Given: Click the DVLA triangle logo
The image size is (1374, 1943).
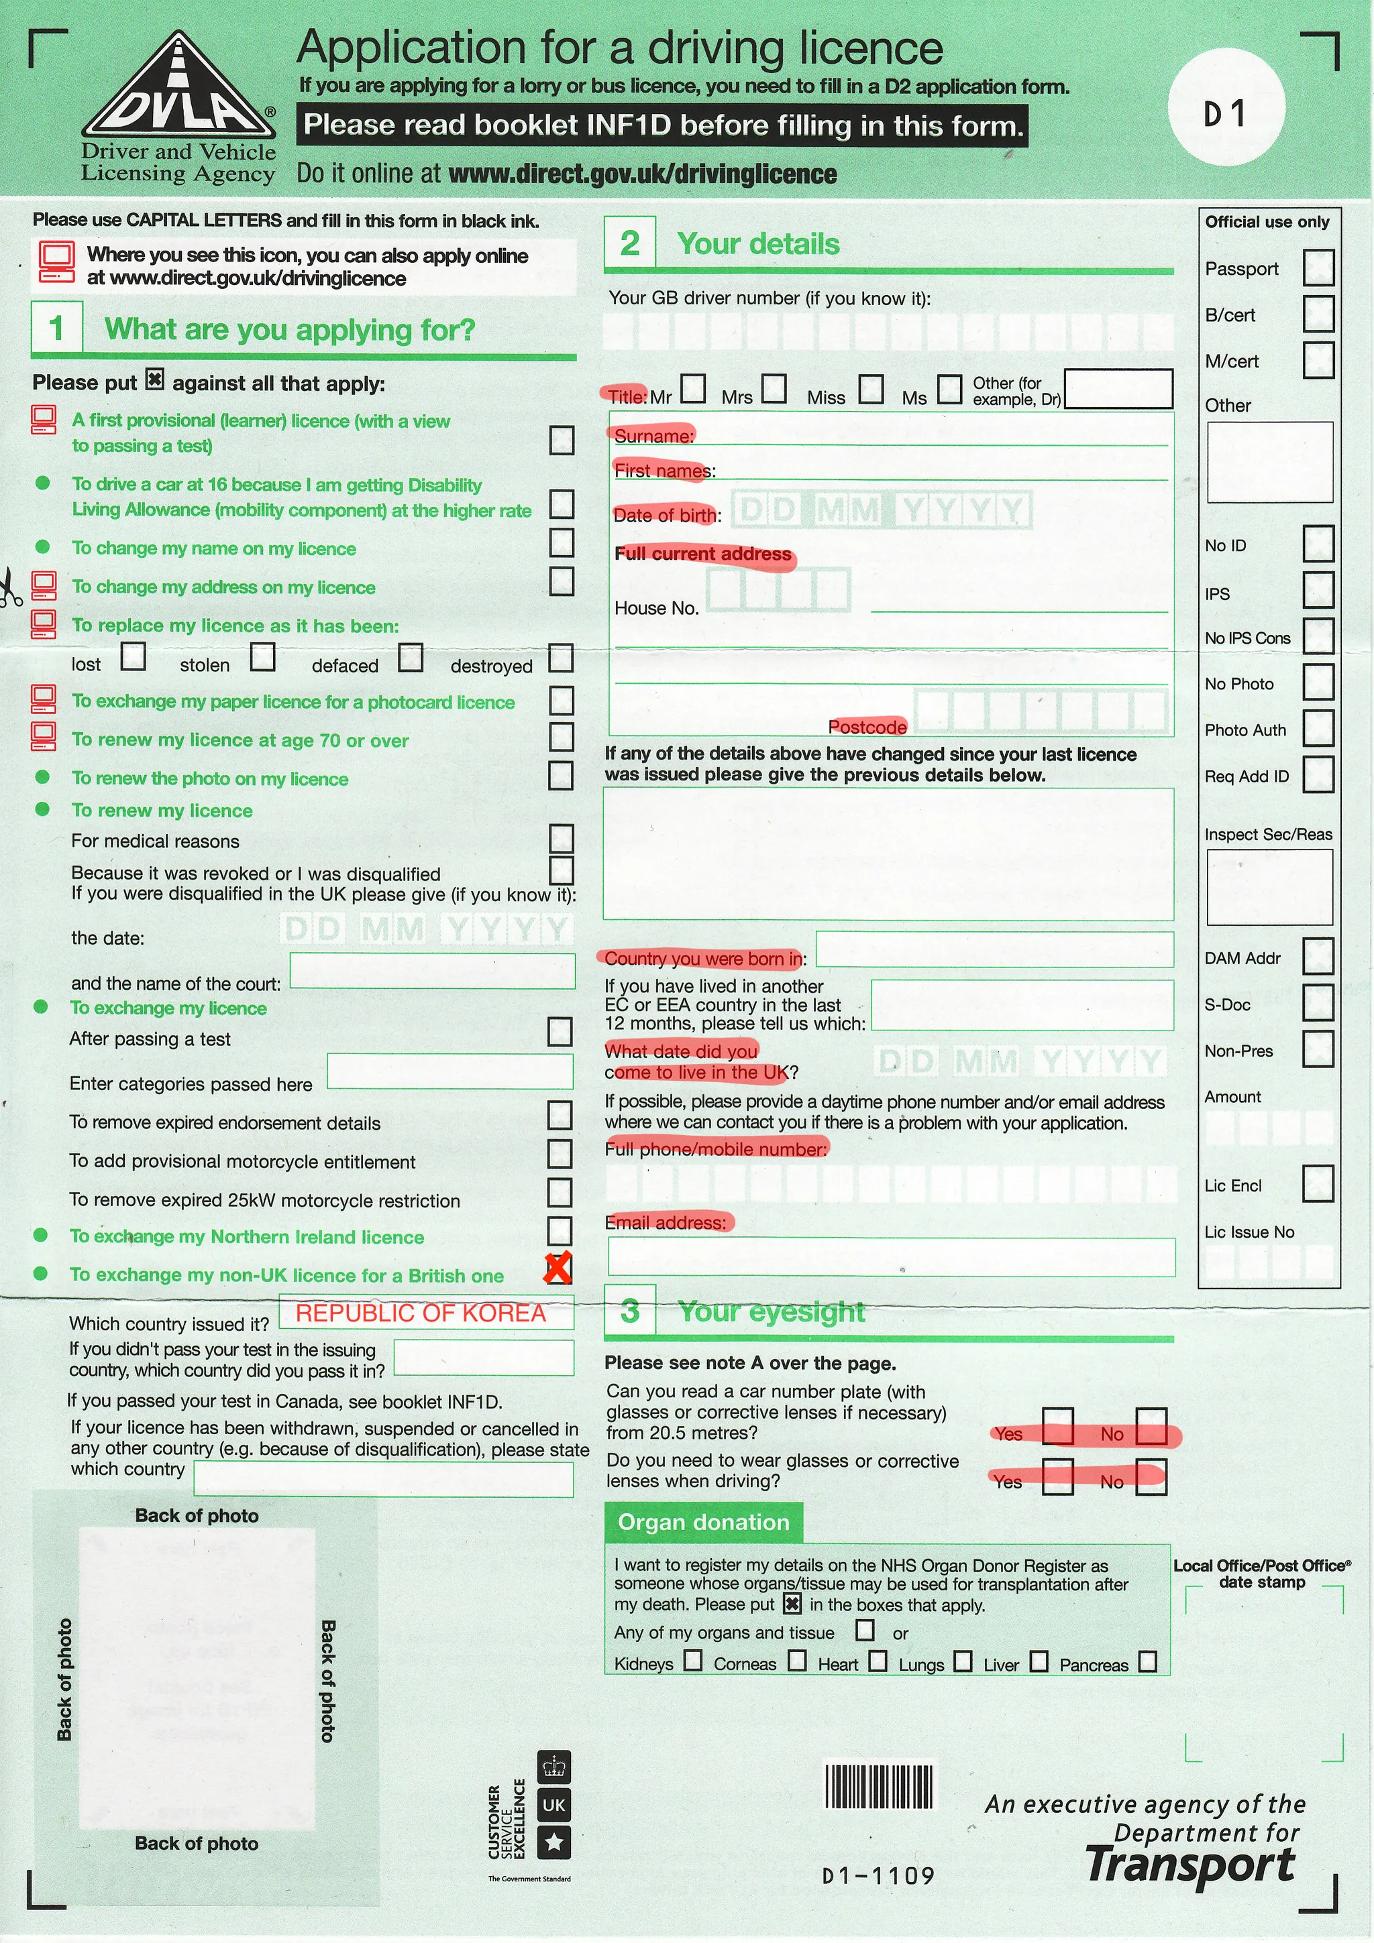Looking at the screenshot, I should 178,89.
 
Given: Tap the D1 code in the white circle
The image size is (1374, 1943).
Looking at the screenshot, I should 1225,113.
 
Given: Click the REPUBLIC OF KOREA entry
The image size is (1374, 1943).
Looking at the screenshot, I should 421,1313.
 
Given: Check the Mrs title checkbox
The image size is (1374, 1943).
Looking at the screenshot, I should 773,390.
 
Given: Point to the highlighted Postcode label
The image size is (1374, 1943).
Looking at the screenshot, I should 867,727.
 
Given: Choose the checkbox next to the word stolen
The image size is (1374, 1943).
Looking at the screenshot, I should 262,656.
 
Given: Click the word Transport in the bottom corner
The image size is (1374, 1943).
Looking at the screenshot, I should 1190,1865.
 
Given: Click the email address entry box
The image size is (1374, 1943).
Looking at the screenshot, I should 890,1256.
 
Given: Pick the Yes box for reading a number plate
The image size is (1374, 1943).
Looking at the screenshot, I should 1057,1427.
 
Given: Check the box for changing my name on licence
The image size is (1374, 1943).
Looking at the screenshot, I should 562,543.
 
